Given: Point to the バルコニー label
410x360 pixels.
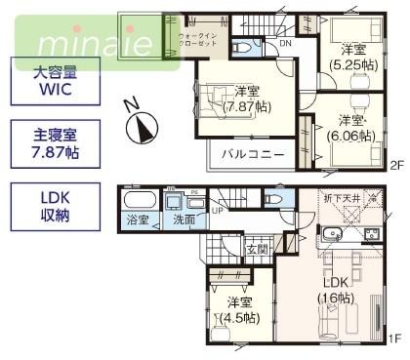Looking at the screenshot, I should [251, 154].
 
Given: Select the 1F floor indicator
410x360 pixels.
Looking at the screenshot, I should [393, 338].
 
